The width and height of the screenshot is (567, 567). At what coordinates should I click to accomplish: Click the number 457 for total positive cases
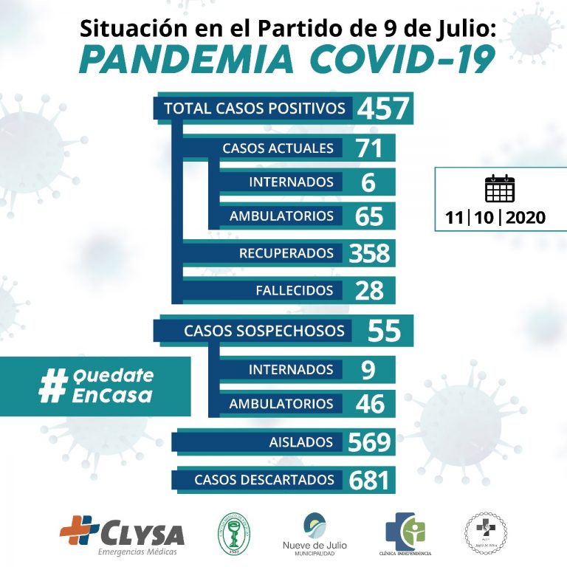click(x=382, y=109)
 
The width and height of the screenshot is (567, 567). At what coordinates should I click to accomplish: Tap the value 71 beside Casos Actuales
click(x=368, y=148)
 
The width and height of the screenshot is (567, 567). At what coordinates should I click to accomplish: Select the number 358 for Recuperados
click(x=369, y=253)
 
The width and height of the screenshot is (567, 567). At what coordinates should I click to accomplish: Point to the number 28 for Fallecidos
click(x=368, y=291)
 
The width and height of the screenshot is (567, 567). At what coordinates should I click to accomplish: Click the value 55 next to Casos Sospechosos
click(x=383, y=331)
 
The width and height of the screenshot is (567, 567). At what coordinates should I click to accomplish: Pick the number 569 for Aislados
click(x=369, y=442)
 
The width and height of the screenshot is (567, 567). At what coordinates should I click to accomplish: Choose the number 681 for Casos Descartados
click(x=369, y=481)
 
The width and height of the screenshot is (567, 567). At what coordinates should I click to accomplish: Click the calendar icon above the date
click(x=500, y=189)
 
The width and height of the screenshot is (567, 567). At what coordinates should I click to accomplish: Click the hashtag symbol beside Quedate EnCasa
click(x=52, y=386)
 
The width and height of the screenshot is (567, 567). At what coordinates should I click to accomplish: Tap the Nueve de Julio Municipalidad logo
click(x=320, y=533)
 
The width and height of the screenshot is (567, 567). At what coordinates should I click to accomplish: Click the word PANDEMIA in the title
click(x=188, y=60)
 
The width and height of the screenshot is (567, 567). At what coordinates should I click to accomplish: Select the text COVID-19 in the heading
click(x=402, y=60)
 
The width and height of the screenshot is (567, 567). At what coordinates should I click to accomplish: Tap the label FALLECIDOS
click(x=294, y=291)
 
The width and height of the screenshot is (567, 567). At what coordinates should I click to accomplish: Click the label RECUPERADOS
click(x=286, y=253)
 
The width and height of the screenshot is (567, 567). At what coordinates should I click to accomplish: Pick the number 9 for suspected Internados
click(x=368, y=369)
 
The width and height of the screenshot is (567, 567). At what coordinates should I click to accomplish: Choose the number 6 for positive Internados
click(x=368, y=182)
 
